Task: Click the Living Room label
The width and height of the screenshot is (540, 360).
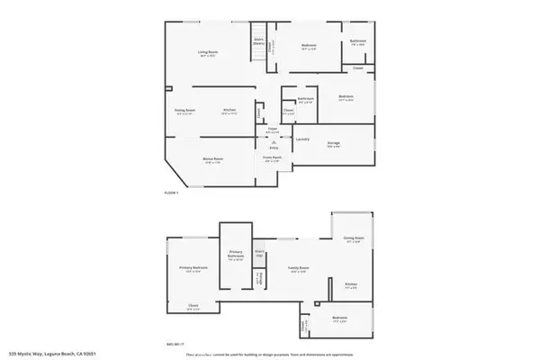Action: coord(209,53)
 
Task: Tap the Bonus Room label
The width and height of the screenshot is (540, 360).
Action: coord(213,159)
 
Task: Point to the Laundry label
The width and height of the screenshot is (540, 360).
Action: coord(303,139)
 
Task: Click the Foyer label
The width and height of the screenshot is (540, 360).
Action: coord(269,130)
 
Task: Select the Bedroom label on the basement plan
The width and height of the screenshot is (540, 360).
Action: coord(339,319)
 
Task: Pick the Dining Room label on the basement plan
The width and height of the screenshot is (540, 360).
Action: coord(353,239)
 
